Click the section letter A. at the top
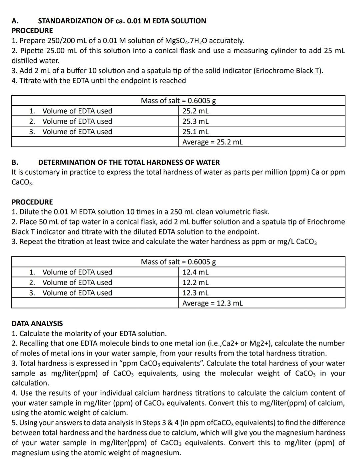coord(15,21)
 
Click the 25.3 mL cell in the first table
coord(195,121)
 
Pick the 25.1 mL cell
coord(195,132)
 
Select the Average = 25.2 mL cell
coord(212,142)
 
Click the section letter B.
coord(15,162)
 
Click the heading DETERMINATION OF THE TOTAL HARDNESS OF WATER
coord(129,162)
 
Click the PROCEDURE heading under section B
coord(32,202)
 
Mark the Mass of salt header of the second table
coord(178,262)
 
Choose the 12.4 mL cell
coord(195,272)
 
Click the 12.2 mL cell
coord(195,283)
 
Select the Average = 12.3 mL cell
coord(212,303)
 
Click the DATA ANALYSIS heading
coord(37,324)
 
